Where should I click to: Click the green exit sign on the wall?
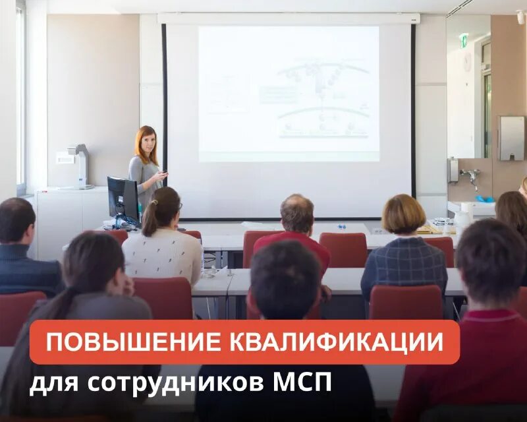coord(464,40)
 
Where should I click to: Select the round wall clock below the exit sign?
coord(467,61)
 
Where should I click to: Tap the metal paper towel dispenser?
coord(511,138)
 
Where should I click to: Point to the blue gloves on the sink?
coord(484,198)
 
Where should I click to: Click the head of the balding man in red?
coord(297,213)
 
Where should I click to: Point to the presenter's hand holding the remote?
coord(161,175)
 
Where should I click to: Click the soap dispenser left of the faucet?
coord(453,169)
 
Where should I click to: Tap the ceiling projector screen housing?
coord(288,18)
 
